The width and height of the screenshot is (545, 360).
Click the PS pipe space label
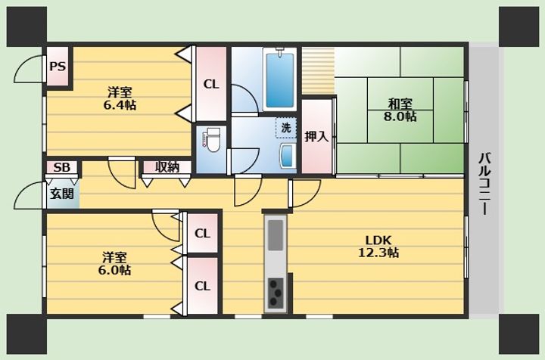(58, 66)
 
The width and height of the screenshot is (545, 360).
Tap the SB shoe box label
(61, 167)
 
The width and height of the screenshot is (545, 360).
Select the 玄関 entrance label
(62, 194)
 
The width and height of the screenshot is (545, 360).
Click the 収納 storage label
(167, 167)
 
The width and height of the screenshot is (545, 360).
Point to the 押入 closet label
(316, 136)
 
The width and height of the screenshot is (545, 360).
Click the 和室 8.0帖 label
(400, 110)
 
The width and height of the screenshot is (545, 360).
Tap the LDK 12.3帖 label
(378, 246)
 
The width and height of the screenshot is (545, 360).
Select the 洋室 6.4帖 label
(120, 98)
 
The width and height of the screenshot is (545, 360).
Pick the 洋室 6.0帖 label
(114, 263)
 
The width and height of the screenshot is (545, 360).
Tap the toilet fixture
(212, 140)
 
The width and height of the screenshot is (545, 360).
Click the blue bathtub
(280, 79)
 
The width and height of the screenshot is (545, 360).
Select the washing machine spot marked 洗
(286, 128)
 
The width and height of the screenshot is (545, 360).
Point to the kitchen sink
(276, 235)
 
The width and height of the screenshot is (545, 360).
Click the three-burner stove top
(276, 293)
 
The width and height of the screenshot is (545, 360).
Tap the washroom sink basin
(288, 157)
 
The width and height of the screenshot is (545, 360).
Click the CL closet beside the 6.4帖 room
(211, 84)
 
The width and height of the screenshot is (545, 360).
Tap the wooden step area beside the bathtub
(318, 71)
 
